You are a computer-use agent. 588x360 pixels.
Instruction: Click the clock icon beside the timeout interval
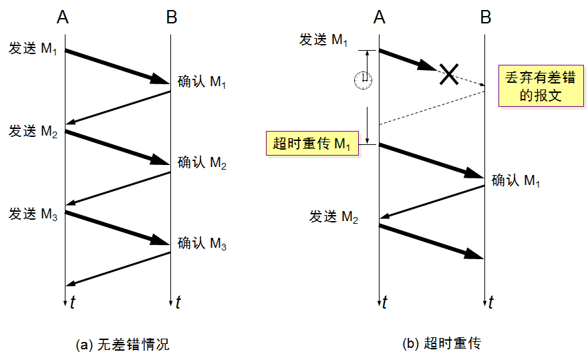363,80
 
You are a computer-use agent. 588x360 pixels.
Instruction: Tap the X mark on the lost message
449,74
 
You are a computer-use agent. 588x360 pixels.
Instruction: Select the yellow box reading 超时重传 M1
313,143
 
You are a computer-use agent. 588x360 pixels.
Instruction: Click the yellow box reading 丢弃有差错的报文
541,86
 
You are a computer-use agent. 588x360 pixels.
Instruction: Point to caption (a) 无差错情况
123,344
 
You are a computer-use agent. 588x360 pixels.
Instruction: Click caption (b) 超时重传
442,343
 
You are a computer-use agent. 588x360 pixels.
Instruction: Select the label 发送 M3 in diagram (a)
33,214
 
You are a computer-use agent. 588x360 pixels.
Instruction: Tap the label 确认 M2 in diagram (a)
202,163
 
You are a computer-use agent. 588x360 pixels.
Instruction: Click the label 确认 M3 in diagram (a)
202,243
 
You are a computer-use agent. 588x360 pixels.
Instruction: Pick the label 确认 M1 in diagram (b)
516,181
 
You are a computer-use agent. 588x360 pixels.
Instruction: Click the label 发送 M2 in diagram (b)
333,217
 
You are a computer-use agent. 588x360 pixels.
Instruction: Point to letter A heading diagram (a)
63,17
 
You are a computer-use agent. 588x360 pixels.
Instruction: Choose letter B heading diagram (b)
486,17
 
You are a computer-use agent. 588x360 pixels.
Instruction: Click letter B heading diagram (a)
172,17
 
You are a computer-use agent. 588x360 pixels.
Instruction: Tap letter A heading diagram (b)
380,17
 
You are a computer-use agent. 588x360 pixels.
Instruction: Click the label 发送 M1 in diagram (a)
33,49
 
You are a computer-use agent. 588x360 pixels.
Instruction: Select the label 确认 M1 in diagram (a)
202,81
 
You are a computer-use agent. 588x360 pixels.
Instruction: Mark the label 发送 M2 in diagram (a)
33,132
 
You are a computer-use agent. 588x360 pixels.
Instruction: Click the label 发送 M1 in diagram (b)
323,40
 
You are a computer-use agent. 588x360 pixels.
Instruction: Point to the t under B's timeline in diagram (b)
491,302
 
